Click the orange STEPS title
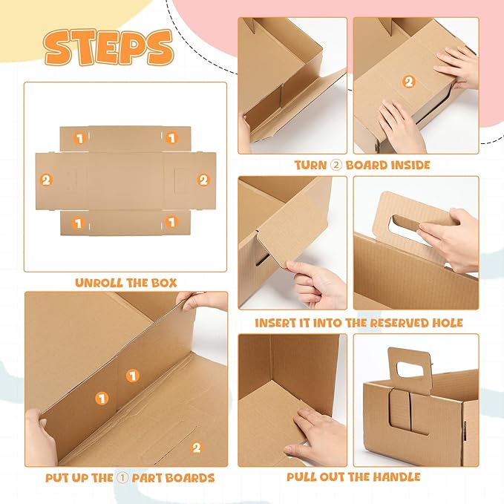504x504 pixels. pos(108,47)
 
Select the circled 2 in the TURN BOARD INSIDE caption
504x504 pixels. pos(338,165)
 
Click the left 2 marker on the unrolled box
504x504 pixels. pos(47,180)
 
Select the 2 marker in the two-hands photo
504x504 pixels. pos(408,82)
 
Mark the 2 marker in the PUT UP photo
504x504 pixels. pos(196,447)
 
